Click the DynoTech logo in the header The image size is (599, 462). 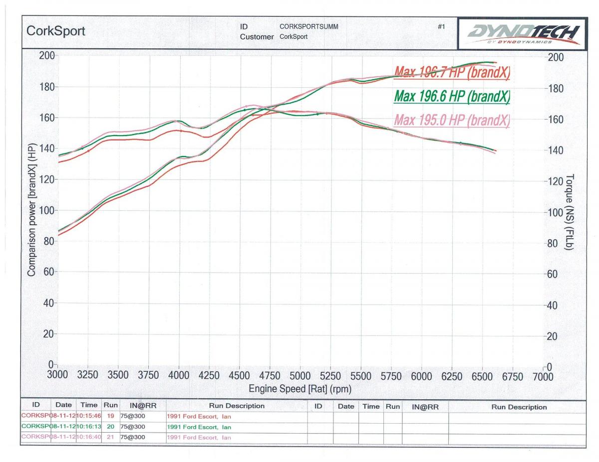522,34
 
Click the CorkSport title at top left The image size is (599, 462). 55,31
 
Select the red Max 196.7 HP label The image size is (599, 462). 452,73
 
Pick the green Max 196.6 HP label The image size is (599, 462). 452,96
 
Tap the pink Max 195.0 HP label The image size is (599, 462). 452,120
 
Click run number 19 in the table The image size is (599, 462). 111,416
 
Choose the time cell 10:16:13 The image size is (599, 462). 88,427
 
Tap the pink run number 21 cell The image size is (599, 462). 111,437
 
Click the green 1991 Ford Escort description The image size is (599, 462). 199,427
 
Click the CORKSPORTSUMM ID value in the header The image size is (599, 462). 309,27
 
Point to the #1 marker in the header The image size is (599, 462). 441,27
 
